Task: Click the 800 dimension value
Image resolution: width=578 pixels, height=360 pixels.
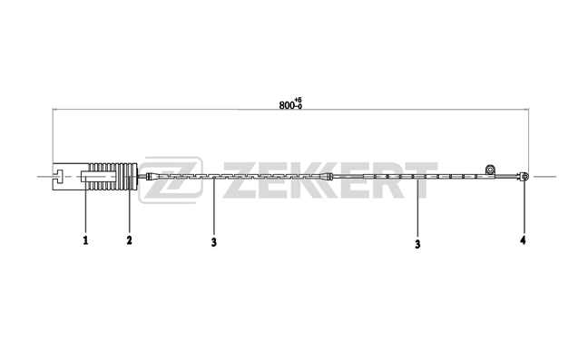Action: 287,105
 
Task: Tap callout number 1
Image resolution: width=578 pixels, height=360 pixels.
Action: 85,240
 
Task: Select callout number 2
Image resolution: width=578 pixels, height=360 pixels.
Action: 129,240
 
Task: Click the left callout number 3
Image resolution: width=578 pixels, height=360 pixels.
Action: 214,242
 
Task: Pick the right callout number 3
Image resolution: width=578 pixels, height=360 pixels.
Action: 417,244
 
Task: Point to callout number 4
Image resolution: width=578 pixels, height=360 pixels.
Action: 523,240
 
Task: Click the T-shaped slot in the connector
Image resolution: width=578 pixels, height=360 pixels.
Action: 59,177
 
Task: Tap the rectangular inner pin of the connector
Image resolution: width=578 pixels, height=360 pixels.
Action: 99,177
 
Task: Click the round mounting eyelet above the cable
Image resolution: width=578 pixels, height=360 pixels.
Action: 490,170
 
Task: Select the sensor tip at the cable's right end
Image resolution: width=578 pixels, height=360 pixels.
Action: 524,177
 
